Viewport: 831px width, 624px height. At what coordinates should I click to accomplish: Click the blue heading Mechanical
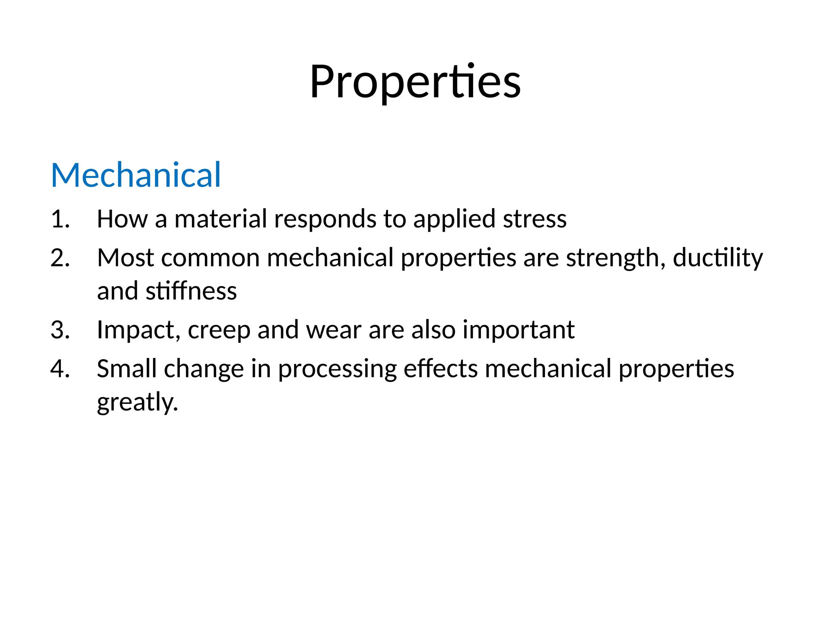coord(136,175)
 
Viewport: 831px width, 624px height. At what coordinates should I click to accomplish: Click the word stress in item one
coord(534,219)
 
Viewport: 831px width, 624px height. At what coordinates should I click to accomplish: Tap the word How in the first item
coord(122,219)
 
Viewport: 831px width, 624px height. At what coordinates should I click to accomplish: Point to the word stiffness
coord(191,291)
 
